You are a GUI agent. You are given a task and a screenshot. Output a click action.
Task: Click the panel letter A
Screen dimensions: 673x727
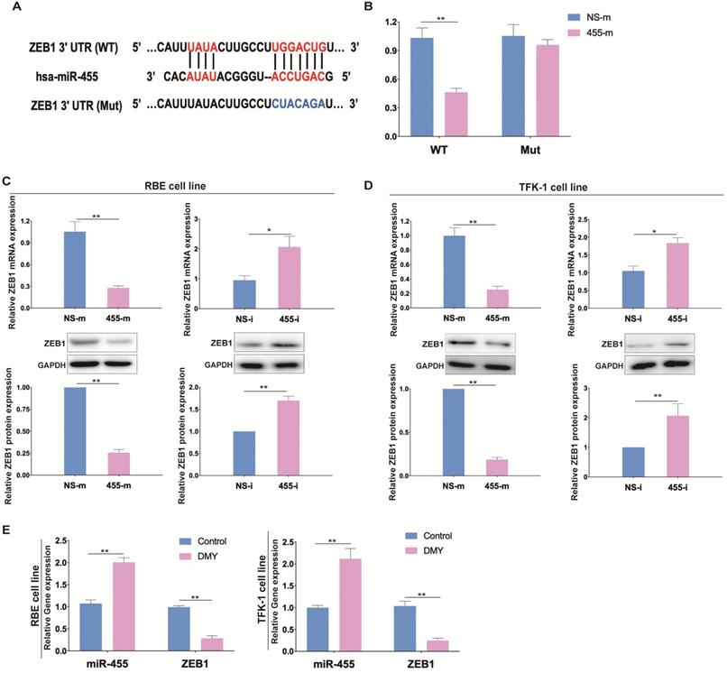pos(10,13)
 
